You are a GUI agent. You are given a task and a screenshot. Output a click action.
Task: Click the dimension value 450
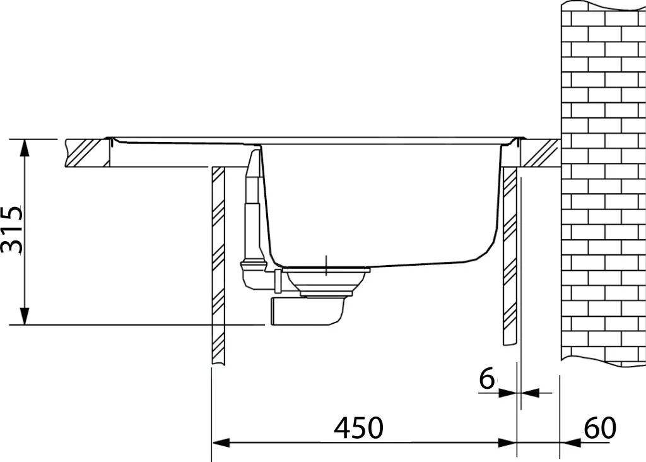(358, 429)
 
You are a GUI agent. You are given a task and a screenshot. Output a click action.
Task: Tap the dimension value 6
(486, 379)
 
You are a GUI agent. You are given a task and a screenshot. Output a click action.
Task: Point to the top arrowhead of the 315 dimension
(24, 146)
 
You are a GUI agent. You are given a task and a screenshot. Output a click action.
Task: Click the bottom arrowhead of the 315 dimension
(24, 317)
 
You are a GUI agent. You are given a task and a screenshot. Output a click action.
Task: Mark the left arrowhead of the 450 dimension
(218, 442)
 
